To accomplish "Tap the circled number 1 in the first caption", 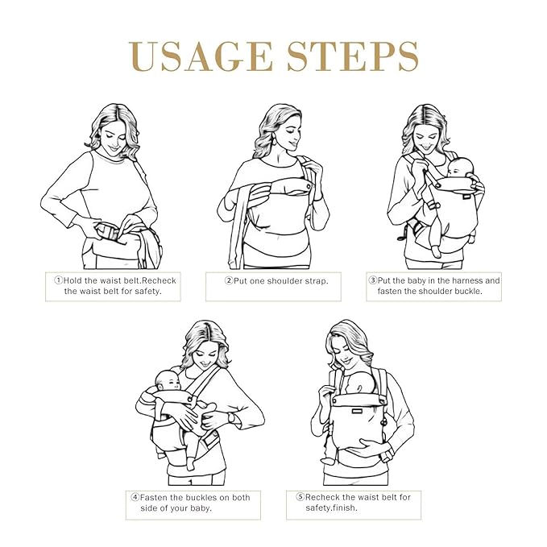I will [x=58, y=280].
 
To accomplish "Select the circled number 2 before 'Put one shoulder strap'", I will [x=229, y=280].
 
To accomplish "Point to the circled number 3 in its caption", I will [x=373, y=280].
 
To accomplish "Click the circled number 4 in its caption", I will [x=135, y=497].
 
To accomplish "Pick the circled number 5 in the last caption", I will [x=300, y=497].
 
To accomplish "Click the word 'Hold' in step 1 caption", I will [x=73, y=280].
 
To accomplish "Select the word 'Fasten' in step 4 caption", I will [x=155, y=497].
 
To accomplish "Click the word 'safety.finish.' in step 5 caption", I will [x=332, y=508].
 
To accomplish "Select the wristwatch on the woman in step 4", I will [x=232, y=417].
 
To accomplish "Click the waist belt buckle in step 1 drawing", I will [x=106, y=234].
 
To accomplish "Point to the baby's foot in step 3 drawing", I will [x=436, y=251].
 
